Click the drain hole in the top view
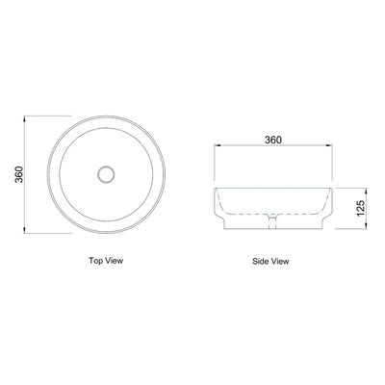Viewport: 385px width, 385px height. pyautogui.click(x=107, y=174)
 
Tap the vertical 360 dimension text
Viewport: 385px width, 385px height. pyautogui.click(x=16, y=175)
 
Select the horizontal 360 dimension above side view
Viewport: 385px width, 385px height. pyautogui.click(x=272, y=141)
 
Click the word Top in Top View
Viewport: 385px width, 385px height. pyautogui.click(x=96, y=260)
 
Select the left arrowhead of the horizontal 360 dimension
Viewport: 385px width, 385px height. pyautogui.click(x=216, y=149)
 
